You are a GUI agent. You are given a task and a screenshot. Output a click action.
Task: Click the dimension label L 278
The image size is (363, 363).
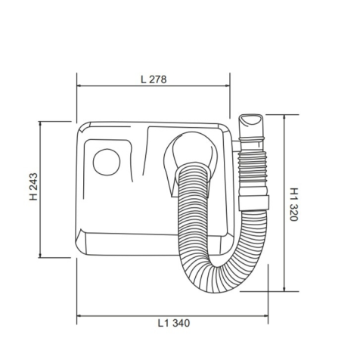pyautogui.click(x=154, y=79)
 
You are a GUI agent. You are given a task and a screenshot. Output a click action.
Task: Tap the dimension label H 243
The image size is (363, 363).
pyautogui.click(x=33, y=187)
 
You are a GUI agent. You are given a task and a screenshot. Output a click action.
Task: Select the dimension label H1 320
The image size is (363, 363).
pyautogui.click(x=293, y=204)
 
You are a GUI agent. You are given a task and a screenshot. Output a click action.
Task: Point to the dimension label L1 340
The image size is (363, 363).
pyautogui.click(x=174, y=323)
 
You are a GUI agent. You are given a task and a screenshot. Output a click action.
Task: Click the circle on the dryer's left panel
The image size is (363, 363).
pyautogui.click(x=107, y=162)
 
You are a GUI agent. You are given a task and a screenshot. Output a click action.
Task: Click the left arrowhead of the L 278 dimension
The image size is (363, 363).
pyautogui.click(x=79, y=85)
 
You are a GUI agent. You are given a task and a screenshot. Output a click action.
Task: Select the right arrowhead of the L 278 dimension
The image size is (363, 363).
pyautogui.click(x=228, y=85)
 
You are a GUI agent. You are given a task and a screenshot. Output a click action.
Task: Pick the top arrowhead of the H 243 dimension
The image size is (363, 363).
pyautogui.click(x=40, y=124)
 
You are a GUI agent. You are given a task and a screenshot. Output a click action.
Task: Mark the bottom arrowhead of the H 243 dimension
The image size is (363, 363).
pyautogui.click(x=40, y=255)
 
